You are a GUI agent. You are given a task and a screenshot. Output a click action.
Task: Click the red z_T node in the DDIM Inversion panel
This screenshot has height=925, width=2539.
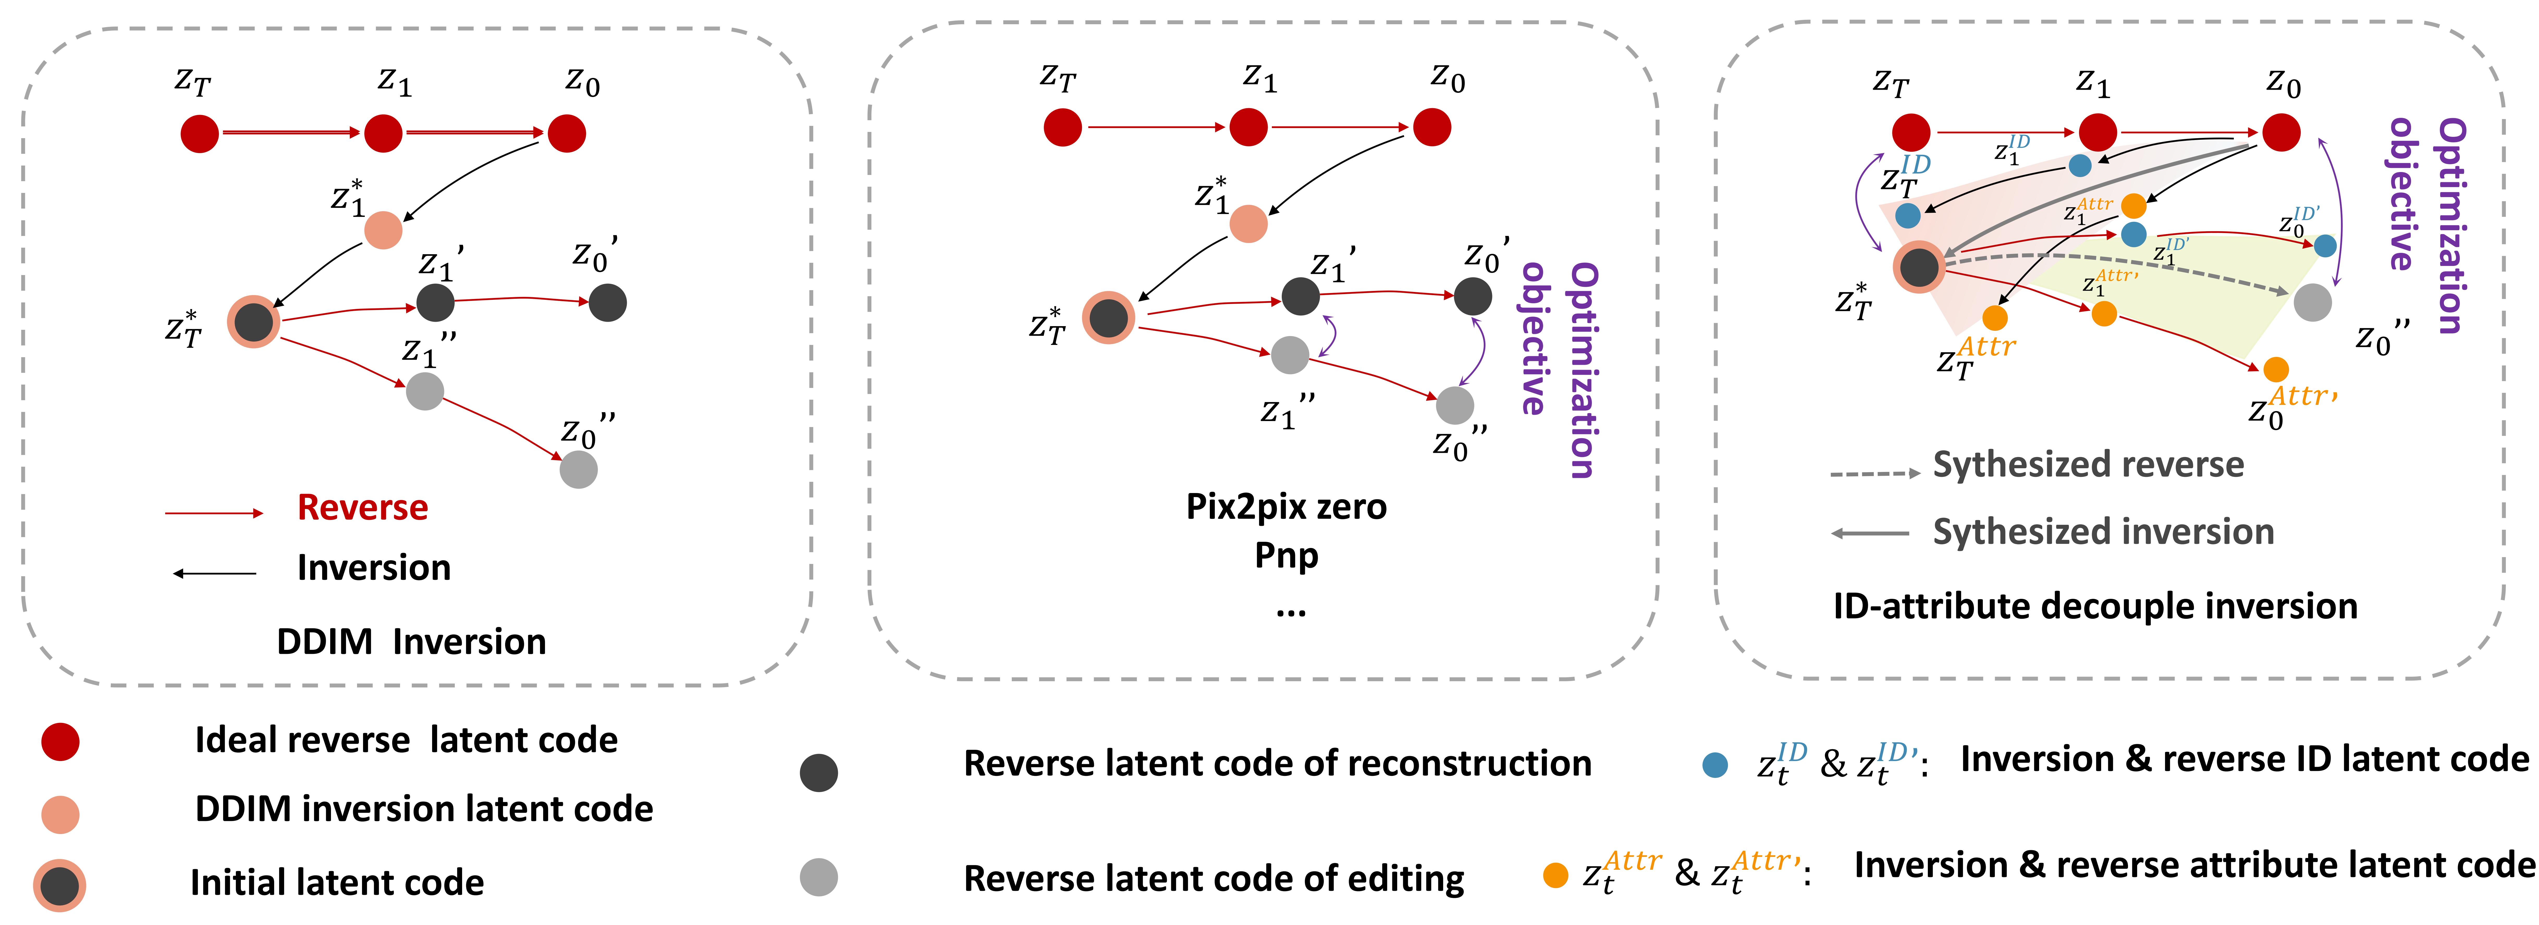pyautogui.click(x=199, y=133)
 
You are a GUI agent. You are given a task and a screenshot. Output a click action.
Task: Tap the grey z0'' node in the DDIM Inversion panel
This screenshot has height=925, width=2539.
pyautogui.click(x=579, y=469)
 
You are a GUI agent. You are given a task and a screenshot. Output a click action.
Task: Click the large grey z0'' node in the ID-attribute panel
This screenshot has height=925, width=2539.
pyautogui.click(x=2312, y=302)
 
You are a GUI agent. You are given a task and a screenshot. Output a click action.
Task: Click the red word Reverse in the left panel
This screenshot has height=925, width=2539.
pyautogui.click(x=363, y=508)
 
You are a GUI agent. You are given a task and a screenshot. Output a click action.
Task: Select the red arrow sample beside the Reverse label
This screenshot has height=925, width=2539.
pyautogui.click(x=214, y=513)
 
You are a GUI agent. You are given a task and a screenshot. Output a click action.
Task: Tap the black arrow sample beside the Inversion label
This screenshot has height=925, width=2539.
pyautogui.click(x=215, y=573)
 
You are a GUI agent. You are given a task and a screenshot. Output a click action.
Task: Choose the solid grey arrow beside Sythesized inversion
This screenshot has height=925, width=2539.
pyautogui.click(x=1870, y=533)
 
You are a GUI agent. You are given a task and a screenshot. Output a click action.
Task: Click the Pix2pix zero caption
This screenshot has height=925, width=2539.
pyautogui.click(x=1286, y=507)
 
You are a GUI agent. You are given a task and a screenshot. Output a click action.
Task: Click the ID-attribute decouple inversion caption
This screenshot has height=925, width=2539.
pyautogui.click(x=2094, y=606)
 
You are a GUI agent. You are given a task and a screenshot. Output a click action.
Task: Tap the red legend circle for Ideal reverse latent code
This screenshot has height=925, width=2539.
pyautogui.click(x=60, y=741)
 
